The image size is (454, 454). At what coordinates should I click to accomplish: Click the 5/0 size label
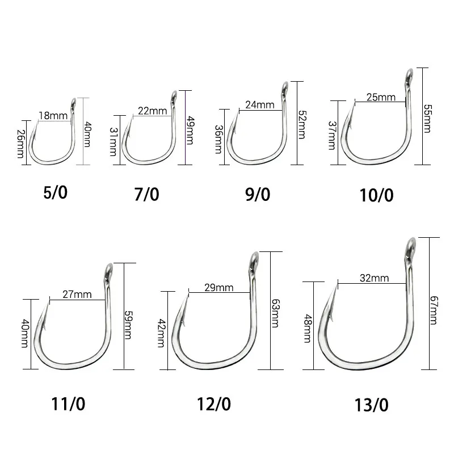[x=55, y=192]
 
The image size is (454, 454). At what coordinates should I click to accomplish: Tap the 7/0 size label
[x=146, y=194]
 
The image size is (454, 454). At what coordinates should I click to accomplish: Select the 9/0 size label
[x=258, y=194]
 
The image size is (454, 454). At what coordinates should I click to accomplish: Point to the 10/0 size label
[x=376, y=195]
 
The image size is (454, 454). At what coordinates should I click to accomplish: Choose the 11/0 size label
[x=68, y=404]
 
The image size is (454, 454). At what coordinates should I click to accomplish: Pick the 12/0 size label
[x=214, y=404]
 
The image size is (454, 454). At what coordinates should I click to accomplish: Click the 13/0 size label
[x=372, y=405]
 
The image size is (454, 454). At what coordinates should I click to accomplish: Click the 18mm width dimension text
[x=53, y=116]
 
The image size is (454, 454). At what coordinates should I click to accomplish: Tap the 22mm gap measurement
[x=152, y=111]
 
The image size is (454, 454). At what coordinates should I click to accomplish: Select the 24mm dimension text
[x=260, y=104]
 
